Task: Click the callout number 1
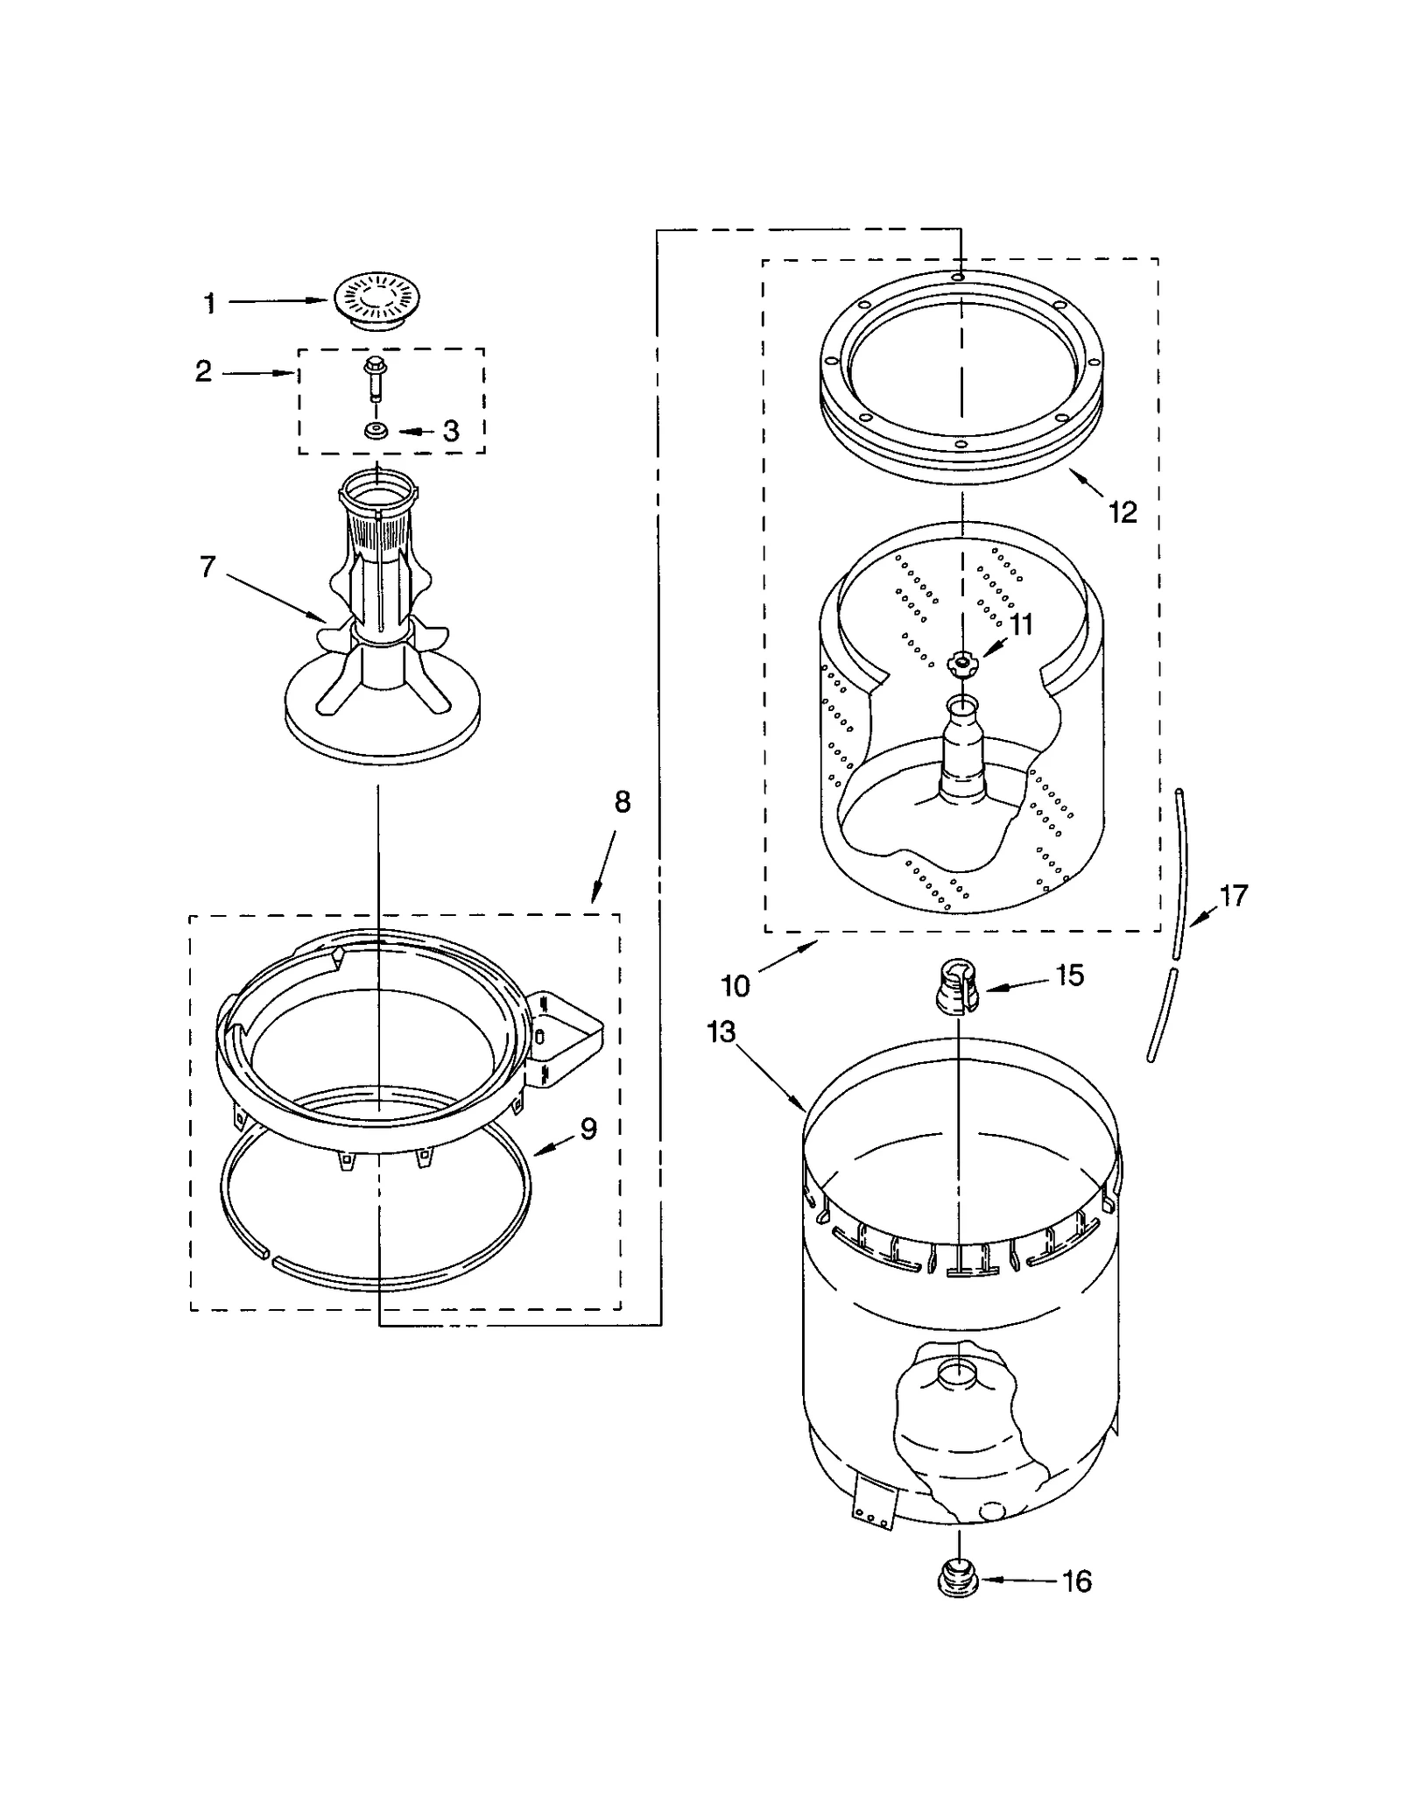(209, 304)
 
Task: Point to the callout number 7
(208, 567)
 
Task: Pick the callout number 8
(622, 802)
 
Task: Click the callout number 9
(588, 1129)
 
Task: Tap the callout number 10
(736, 986)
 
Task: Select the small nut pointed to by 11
(962, 664)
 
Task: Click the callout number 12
(1123, 512)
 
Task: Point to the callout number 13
(722, 1032)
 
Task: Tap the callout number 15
(1070, 975)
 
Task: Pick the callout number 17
(1234, 896)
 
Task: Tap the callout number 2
(203, 371)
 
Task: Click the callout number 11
(1021, 624)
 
